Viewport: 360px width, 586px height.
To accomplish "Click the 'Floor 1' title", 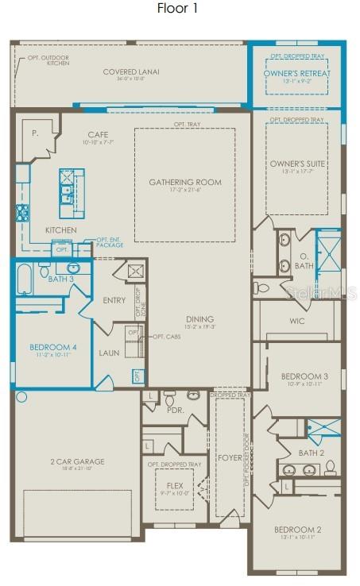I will point(179,9).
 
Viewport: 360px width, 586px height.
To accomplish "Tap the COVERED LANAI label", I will point(131,72).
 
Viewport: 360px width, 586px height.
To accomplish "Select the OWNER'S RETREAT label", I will point(296,73).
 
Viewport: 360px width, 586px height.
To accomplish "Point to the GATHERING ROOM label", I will point(185,182).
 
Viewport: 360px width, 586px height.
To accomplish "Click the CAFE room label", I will point(98,134).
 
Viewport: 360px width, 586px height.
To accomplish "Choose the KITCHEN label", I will point(60,229).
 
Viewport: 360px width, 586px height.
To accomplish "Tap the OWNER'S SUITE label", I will point(296,164).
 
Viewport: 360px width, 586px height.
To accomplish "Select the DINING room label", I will point(199,319).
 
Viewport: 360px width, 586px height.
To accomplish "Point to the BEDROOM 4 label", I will point(53,347).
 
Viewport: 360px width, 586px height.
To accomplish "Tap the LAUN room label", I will point(109,352).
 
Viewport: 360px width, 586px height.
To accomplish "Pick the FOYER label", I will point(230,457).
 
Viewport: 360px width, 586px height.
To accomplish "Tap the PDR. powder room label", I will point(176,411).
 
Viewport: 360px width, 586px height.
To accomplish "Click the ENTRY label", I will point(114,300).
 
